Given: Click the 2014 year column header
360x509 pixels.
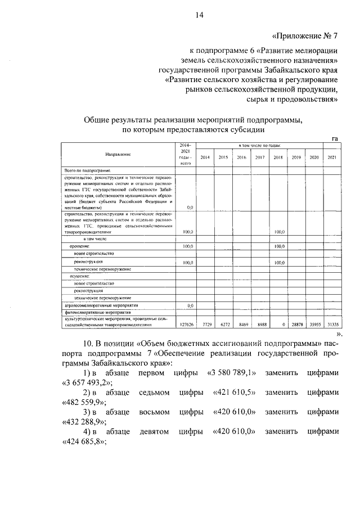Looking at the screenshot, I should pos(205,157).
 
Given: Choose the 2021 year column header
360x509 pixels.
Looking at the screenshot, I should pos(332,157).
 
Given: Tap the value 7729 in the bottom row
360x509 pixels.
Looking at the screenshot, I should pos(206,325).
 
